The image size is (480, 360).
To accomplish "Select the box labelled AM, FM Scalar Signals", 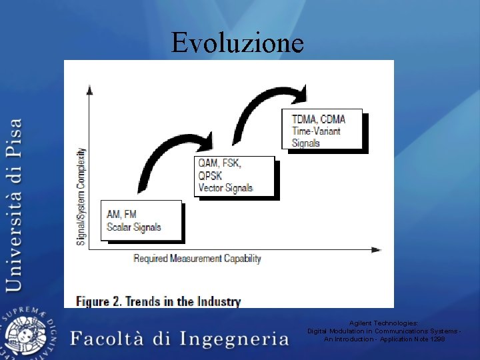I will point(141,220).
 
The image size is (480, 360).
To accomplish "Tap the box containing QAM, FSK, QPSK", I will point(235,176).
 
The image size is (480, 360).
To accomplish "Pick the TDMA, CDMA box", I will point(322,129).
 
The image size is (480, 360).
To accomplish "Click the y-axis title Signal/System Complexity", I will point(81,196).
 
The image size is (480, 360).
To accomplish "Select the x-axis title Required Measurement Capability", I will point(197,259).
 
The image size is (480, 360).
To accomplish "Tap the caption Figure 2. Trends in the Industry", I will point(158,301).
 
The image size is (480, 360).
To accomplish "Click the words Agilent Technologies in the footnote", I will point(383,323).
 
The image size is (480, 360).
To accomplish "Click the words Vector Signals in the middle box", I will point(225,188).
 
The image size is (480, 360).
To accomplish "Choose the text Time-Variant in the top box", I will point(316,131).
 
